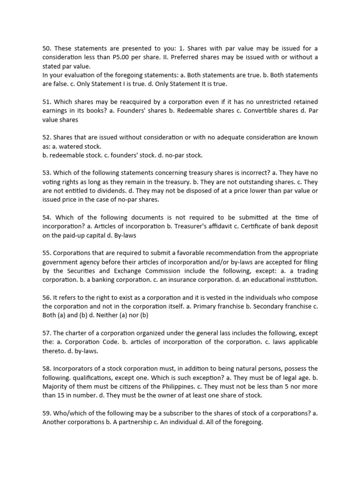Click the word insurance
click(183, 279)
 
